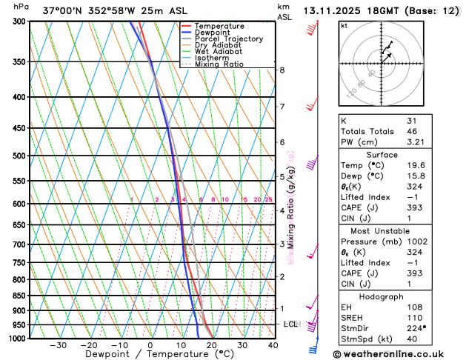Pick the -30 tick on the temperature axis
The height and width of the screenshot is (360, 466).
59,345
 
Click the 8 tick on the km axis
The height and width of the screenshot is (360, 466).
282,70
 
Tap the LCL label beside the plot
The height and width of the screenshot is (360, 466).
290,324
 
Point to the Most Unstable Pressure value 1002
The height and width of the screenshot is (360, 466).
418,242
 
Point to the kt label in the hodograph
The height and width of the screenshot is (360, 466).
344,26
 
